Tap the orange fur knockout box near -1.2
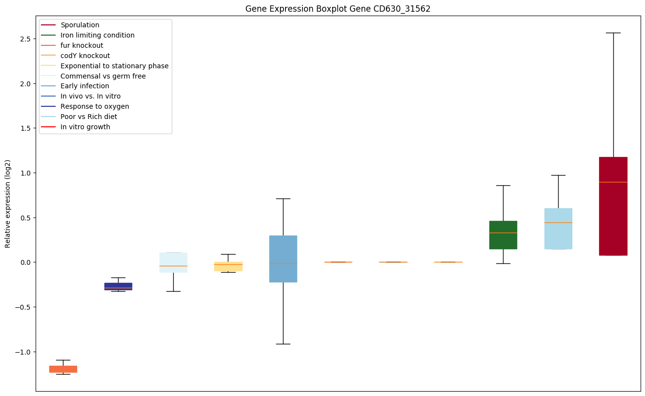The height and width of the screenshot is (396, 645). (x=63, y=369)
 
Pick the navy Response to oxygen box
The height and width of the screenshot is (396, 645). (x=118, y=286)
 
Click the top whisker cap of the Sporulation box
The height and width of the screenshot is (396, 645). (x=613, y=33)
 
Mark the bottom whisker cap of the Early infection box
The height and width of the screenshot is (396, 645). (x=283, y=344)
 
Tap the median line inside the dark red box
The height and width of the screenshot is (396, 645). (x=613, y=182)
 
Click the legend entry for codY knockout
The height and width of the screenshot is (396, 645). (x=85, y=56)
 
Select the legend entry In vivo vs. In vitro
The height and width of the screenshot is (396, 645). (x=90, y=96)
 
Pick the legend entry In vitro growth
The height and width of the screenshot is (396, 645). (x=85, y=127)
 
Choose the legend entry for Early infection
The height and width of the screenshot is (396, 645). (x=84, y=86)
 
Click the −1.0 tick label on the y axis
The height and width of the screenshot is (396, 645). (x=24, y=352)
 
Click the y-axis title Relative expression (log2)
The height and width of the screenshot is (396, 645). (x=8, y=204)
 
